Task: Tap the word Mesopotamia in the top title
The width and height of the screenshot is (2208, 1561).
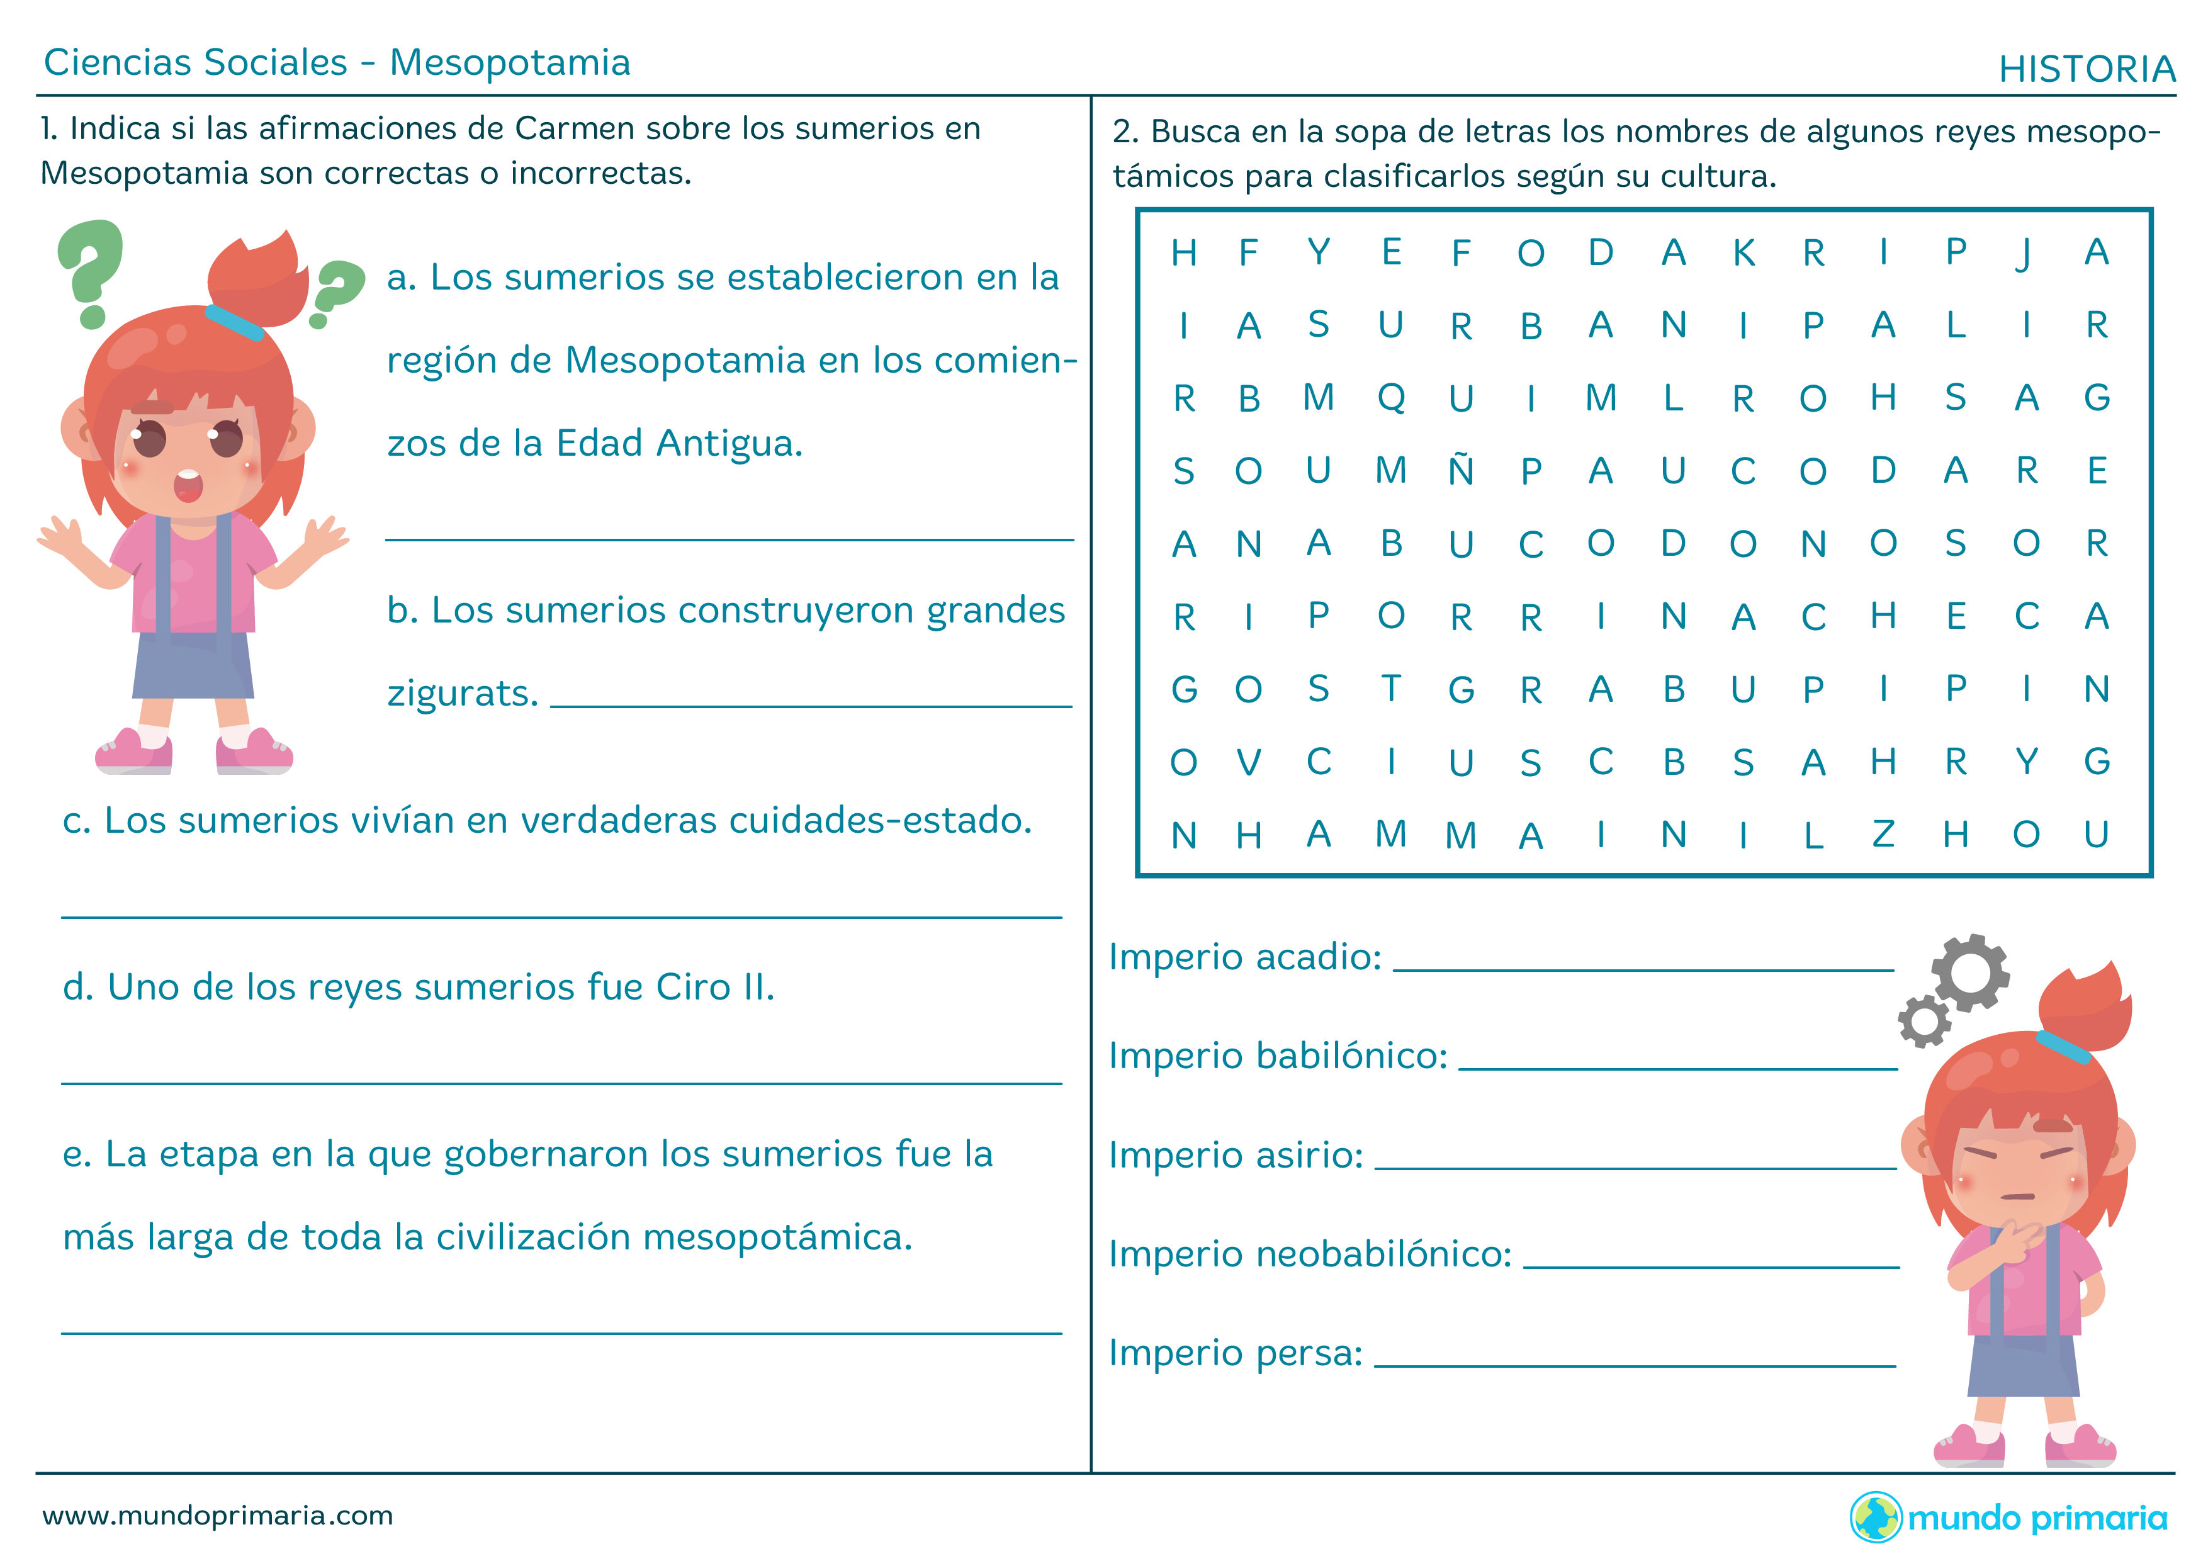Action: pyautogui.click(x=510, y=62)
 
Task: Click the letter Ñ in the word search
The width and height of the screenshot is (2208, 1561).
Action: pyautogui.click(x=1461, y=470)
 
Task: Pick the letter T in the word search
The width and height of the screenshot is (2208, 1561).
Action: pyautogui.click(x=1390, y=689)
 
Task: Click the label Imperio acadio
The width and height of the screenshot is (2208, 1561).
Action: pyautogui.click(x=1244, y=957)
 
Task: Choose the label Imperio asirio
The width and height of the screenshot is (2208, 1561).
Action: pyautogui.click(x=1236, y=1155)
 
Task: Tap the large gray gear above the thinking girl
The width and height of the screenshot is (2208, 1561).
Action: pyautogui.click(x=1969, y=971)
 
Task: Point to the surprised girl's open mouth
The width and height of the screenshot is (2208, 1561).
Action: pyautogui.click(x=188, y=486)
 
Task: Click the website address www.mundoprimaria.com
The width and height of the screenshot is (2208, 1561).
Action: pyautogui.click(x=217, y=1517)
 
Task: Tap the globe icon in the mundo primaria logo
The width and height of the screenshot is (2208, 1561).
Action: pyautogui.click(x=1875, y=1518)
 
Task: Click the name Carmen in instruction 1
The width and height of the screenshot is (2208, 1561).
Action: pyautogui.click(x=574, y=129)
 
